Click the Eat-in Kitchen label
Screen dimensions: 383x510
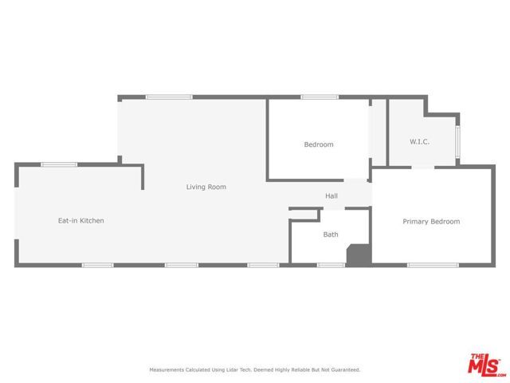80,220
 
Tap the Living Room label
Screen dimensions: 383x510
206,187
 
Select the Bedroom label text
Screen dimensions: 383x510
318,144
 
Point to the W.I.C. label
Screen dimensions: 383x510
420,141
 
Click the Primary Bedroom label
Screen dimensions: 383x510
431,221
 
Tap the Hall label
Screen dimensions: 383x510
331,195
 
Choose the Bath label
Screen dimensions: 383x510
331,235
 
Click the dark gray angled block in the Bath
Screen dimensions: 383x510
359,255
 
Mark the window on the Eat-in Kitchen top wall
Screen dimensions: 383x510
59,164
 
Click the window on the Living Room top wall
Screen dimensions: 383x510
169,97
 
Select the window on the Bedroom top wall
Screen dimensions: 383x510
317,97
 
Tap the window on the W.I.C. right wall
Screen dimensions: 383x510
458,141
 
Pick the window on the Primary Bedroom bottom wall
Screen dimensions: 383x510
433,264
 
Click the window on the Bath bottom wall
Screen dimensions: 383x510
331,264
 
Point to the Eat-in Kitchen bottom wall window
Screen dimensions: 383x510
98,264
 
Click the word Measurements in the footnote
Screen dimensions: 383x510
166,369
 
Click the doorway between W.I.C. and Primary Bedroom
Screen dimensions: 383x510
422,166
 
